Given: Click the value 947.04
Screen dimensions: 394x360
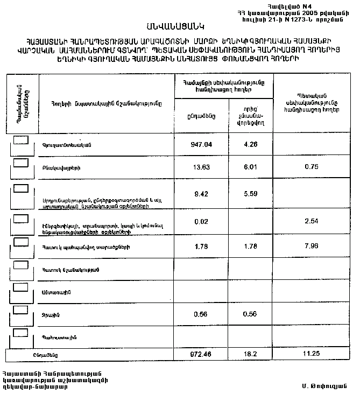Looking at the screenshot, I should tap(202, 145).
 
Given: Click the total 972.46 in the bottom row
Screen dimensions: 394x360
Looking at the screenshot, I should tap(202, 355).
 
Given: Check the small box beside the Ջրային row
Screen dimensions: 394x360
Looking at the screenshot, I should tap(21, 309).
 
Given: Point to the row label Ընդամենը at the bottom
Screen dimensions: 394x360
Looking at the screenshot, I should tap(45, 355).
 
